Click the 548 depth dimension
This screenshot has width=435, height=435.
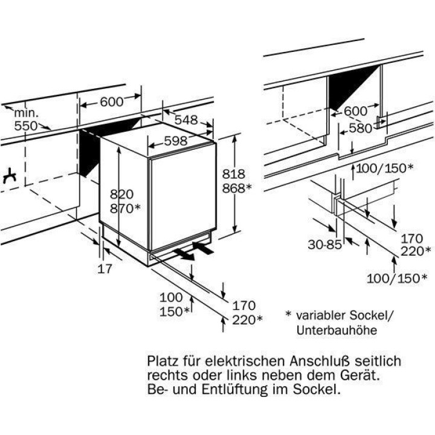coord(186,120)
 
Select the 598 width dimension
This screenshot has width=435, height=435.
coord(166,141)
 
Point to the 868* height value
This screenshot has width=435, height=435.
coord(236,188)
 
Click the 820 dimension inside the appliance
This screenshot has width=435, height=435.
coord(121,195)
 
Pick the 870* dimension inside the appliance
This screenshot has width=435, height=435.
coord(125,208)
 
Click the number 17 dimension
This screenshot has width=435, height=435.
coord(105,269)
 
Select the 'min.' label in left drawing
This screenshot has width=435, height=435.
coord(27,112)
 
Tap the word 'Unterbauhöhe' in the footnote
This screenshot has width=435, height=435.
coord(337,330)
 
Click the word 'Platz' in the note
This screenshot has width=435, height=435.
coord(163,361)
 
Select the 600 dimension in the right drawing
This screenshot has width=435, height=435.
coord(355,111)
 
